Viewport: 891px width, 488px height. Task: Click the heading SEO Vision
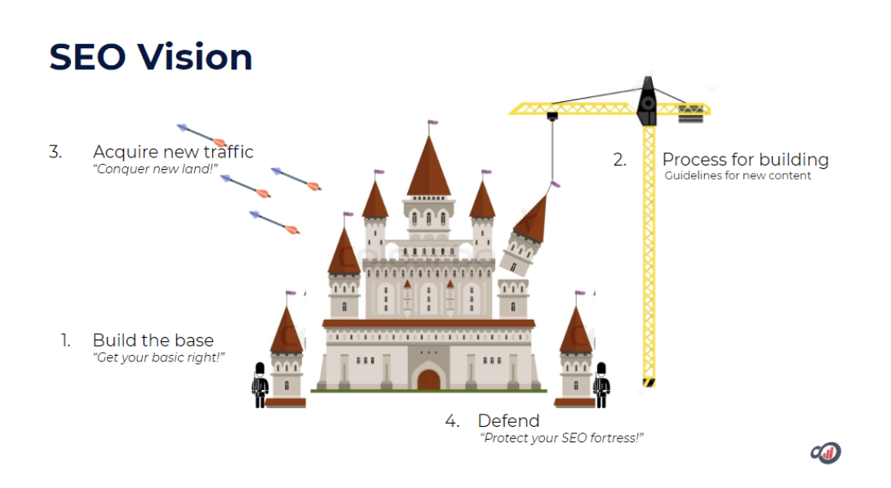[151, 57]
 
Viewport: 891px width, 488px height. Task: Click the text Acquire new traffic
[173, 152]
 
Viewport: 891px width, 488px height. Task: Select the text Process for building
[745, 159]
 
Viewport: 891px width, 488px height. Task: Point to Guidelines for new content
[738, 175]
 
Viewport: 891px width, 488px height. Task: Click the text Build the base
[153, 340]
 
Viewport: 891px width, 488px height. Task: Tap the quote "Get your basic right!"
[158, 357]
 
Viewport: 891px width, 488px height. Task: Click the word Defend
[508, 421]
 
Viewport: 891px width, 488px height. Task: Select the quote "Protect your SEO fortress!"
[562, 438]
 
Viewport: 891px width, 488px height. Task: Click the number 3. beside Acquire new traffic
[55, 152]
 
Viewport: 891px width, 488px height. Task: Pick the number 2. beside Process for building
[620, 160]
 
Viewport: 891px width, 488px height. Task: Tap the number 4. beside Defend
[452, 421]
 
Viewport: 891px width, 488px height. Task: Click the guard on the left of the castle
[259, 384]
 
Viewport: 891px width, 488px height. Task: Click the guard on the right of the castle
[601, 384]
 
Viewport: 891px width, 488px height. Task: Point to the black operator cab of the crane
[646, 102]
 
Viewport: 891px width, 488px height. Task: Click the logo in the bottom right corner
[825, 452]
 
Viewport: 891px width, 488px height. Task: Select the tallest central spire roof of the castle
[428, 167]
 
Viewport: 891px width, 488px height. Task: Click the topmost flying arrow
[201, 134]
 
